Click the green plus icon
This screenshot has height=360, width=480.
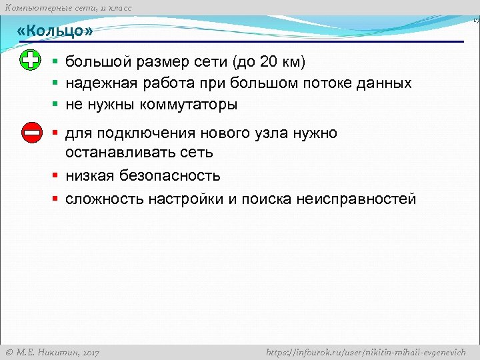(31, 61)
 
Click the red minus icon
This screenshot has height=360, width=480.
(31, 133)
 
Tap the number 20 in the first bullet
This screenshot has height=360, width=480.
(269, 63)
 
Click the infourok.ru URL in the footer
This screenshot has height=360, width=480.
(365, 352)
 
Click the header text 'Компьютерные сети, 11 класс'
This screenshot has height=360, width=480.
(68, 7)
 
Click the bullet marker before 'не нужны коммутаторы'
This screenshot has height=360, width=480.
(57, 105)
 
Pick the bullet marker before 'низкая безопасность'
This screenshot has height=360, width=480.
(57, 176)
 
